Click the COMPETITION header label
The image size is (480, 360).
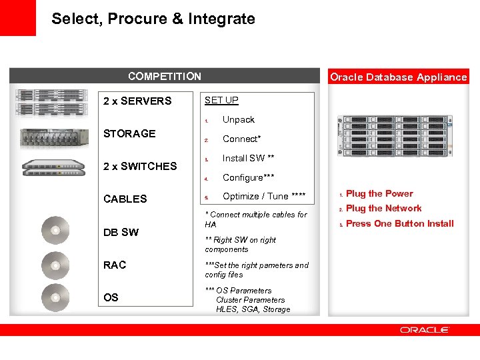coord(165,76)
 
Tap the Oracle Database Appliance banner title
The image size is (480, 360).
coord(399,77)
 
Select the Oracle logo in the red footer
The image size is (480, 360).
coord(424,330)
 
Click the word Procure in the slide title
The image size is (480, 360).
coord(137,19)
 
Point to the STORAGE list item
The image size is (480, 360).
coord(129,133)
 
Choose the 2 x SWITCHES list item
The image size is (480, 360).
coord(140,166)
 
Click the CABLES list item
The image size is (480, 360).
coord(125,199)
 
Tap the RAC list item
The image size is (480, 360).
coord(115,265)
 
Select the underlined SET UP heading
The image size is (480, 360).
coord(221,100)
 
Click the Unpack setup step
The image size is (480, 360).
coord(239,120)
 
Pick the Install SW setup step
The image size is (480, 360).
coord(248,158)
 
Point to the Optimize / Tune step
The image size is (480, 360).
coord(264,196)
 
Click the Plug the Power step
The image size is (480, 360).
coord(379,193)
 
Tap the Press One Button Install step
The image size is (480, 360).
coord(400,223)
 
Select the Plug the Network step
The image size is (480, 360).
coord(384,209)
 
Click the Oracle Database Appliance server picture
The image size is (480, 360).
coord(395,136)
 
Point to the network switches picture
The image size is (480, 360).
coord(53,168)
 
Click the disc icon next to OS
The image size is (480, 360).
coord(55,297)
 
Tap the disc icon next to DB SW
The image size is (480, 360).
coord(55,230)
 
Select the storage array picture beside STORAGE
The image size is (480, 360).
coord(54,139)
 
